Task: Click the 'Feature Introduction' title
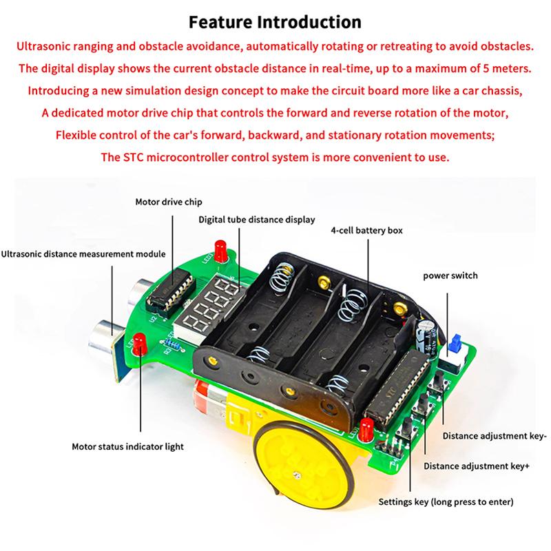pos(275,22)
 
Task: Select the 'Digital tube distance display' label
pos(256,220)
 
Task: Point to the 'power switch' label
pos(450,275)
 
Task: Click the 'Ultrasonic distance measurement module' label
pos(83,253)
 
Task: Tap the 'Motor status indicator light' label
pos(128,446)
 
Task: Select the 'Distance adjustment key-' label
pos(494,435)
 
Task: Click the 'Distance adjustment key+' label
pos(476,466)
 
